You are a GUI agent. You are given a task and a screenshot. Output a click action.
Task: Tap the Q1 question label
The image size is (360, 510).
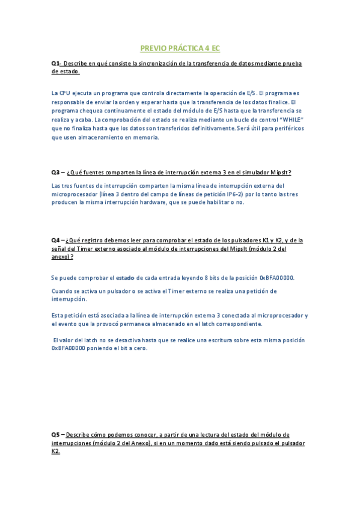tap(55, 63)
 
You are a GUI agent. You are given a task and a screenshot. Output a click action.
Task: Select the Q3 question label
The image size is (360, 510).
tap(55, 172)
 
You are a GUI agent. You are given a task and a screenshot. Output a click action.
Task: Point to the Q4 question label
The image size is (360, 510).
tap(55, 241)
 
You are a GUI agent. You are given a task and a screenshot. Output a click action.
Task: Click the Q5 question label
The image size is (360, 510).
tap(55, 435)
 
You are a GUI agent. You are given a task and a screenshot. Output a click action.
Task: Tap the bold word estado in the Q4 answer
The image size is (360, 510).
tap(125, 278)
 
